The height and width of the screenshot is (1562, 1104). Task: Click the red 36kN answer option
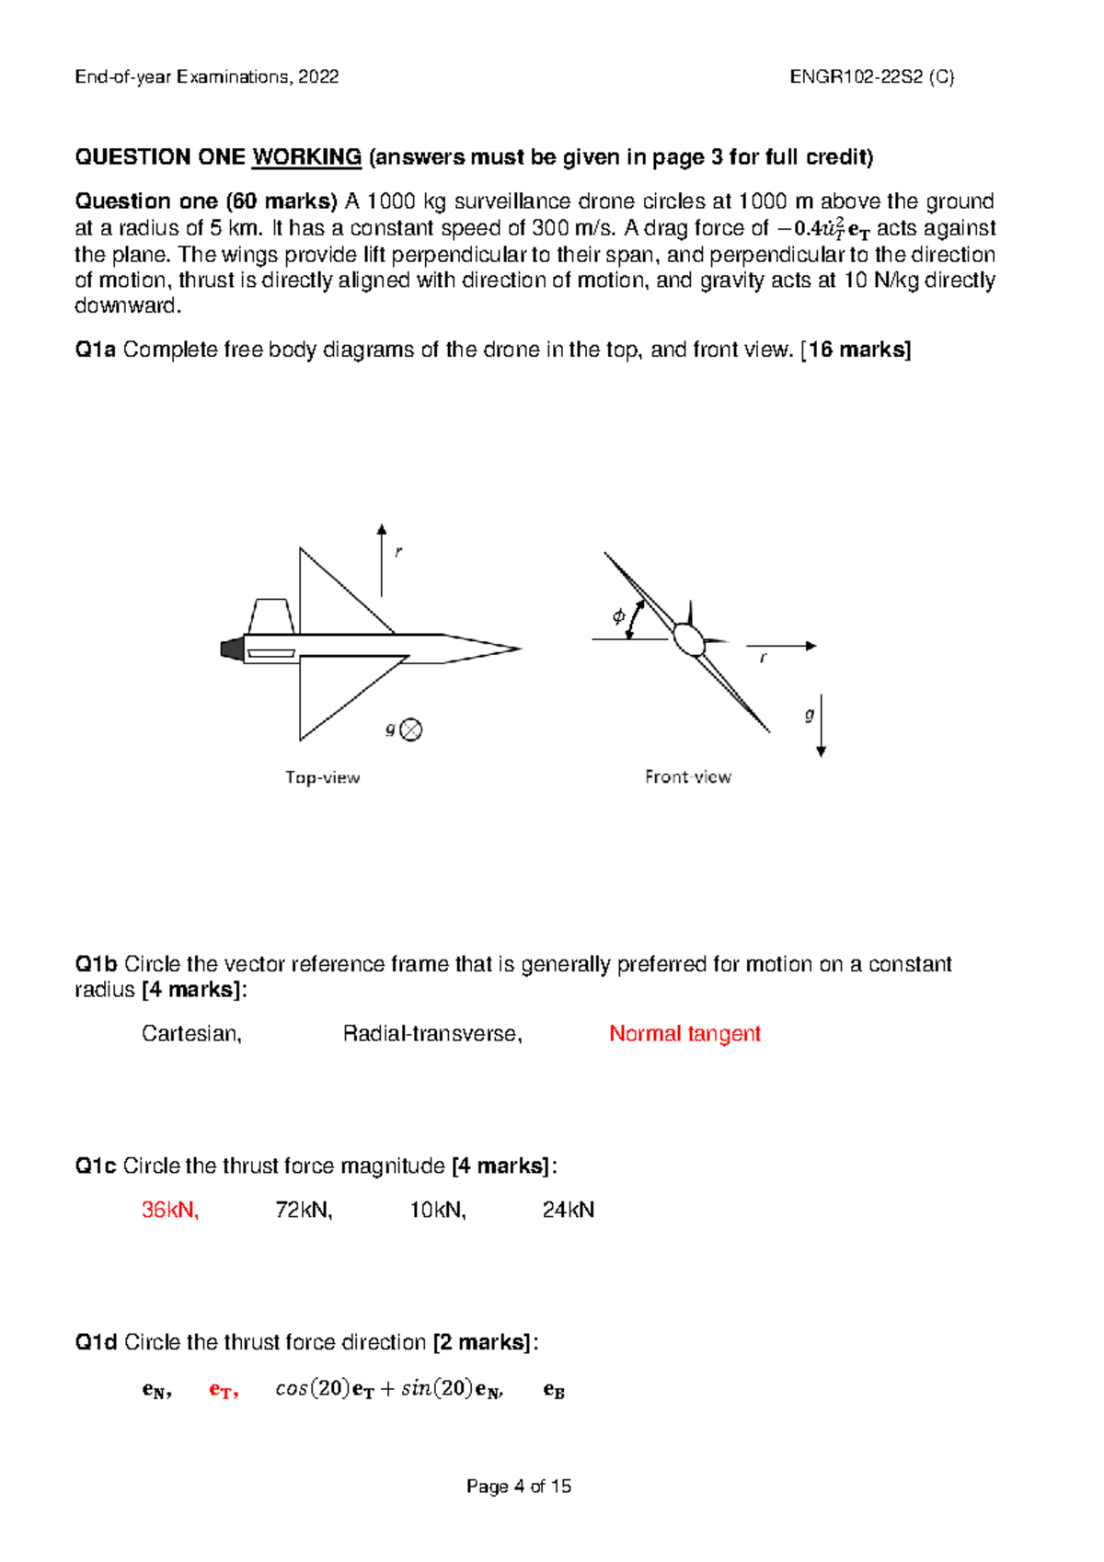169,1210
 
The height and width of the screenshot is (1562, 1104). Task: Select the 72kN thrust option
304,1210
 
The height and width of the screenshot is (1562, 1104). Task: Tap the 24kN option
568,1210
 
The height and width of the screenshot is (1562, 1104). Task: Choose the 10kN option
437,1210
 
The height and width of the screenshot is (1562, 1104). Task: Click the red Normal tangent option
684,1034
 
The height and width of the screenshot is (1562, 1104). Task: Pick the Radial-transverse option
431,1034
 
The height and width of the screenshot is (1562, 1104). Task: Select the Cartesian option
191,1034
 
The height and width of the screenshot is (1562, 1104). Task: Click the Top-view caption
322,777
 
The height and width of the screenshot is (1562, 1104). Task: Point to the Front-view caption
687,777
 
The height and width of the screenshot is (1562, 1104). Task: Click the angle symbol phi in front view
618,616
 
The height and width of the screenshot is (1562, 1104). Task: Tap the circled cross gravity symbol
411,729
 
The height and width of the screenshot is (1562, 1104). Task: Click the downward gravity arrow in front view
821,726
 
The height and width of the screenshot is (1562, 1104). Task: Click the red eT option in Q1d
223,1390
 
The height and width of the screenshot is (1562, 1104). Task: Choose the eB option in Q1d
554,1390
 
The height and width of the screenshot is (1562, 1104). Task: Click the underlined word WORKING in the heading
306,157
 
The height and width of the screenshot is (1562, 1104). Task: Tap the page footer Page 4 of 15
519,1486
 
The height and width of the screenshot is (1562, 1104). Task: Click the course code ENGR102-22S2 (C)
871,77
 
